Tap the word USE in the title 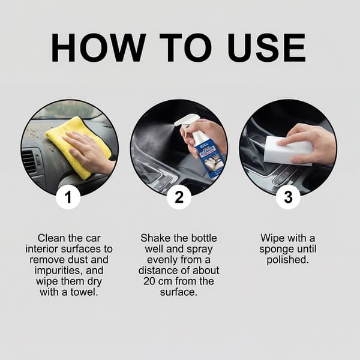266,48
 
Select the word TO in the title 185,48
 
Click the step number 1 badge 68,197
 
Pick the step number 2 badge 179,197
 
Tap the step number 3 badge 288,197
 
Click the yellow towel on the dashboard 79,147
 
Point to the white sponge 288,151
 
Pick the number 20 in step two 149,281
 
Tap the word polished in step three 287,260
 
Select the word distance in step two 157,271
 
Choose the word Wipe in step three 272,238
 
